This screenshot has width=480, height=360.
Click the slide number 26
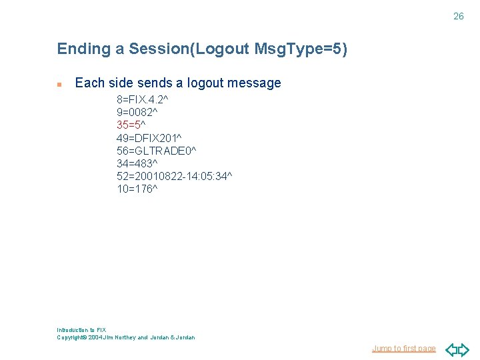click(458, 16)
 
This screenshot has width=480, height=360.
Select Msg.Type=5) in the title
click(301, 49)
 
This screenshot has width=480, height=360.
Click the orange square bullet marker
click(59, 85)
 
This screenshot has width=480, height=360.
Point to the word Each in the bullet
click(89, 83)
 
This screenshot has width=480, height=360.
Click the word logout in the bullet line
click(205, 83)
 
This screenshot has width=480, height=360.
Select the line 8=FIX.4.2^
click(142, 99)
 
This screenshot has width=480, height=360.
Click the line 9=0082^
click(137, 112)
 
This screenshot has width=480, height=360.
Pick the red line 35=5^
click(131, 125)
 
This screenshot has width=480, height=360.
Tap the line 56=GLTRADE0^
click(156, 150)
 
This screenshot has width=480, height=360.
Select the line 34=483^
click(137, 163)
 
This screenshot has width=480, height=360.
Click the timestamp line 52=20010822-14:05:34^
click(174, 175)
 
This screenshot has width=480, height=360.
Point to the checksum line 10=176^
click(137, 189)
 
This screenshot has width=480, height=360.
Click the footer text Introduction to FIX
click(81, 330)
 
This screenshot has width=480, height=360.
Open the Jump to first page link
click(403, 349)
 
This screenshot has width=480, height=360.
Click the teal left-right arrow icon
click(457, 349)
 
